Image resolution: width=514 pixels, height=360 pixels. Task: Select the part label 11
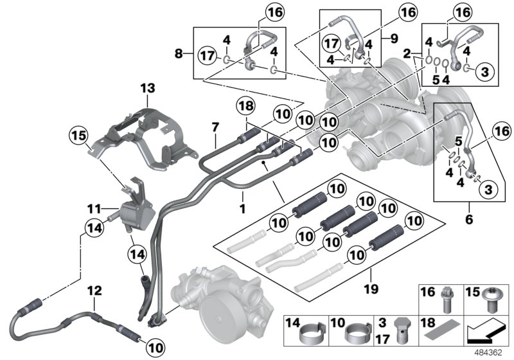(94, 209)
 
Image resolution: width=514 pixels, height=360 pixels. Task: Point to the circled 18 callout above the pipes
(246, 106)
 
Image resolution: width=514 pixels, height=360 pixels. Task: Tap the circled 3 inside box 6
(486, 188)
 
